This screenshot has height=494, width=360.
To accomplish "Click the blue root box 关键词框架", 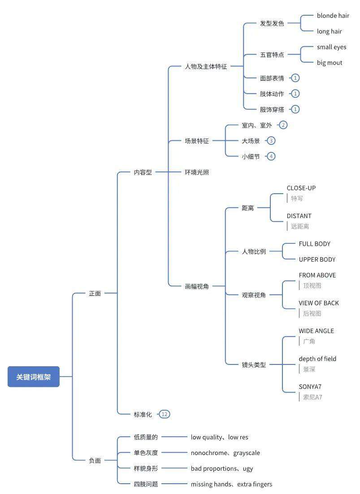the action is click(x=33, y=377).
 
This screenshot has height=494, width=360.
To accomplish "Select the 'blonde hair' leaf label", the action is click(x=333, y=15).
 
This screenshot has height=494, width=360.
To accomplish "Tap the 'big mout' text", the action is click(x=330, y=62).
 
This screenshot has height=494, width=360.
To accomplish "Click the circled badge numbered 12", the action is click(x=164, y=414).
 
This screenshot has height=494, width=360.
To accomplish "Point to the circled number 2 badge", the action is click(x=283, y=125).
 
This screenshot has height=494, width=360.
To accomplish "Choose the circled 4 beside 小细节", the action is click(x=271, y=156).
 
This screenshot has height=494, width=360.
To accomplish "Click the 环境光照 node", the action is click(x=197, y=172).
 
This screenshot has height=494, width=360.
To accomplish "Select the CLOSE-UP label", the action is click(x=301, y=188).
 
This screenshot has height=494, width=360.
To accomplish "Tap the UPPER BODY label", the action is click(x=317, y=259).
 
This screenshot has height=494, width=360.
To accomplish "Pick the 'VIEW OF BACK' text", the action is click(x=319, y=303).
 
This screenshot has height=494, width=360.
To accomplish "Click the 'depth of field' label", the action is click(x=317, y=359).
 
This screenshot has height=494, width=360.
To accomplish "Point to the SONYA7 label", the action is click(x=310, y=386).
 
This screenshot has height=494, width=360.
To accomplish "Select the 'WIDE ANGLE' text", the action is click(x=316, y=331).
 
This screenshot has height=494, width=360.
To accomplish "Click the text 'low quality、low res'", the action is click(x=220, y=437).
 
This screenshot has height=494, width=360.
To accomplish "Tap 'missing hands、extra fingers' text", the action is click(x=231, y=484).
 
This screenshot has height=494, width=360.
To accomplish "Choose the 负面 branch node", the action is click(x=95, y=460).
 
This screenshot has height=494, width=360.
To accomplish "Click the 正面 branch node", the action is click(x=95, y=293).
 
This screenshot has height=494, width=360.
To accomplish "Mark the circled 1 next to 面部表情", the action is click(x=295, y=78).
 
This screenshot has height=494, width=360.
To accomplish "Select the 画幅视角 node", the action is click(x=197, y=286).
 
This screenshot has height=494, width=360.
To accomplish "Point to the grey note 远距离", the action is click(x=300, y=226).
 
